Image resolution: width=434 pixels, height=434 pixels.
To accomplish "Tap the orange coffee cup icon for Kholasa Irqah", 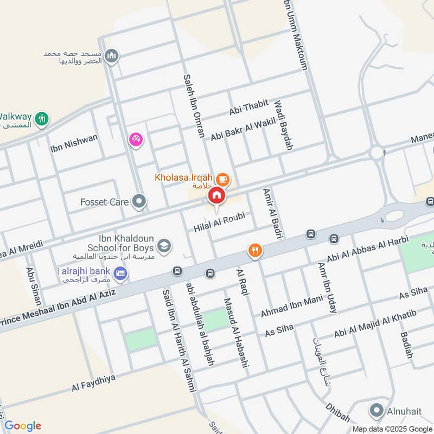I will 222,178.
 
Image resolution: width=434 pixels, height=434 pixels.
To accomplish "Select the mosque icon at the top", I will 112,56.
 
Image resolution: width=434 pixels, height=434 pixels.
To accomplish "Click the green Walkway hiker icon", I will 41,118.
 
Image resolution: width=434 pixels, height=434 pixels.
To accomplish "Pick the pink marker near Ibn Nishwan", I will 135,139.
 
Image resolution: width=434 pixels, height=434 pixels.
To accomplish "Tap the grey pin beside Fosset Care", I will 139,202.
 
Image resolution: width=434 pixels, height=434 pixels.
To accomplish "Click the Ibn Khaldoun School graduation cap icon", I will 164,245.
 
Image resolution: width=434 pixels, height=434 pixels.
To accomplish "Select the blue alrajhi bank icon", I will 121,271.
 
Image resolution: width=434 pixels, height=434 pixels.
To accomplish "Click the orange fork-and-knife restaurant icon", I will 255,250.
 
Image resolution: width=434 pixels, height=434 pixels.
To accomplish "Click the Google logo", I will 23,426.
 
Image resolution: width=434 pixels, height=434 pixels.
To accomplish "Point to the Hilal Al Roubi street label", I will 219,222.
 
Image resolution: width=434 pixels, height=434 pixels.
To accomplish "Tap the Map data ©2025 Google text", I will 393,428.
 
